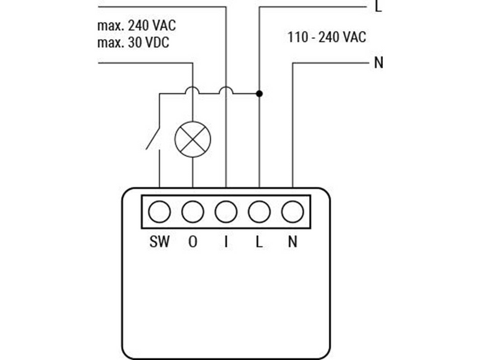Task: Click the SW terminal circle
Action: coord(159,212)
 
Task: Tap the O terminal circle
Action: coord(193,212)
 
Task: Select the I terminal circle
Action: coord(226,212)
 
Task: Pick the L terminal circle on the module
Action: coord(259,212)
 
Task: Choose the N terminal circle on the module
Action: coord(293,212)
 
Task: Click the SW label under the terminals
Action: coord(159,242)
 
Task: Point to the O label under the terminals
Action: coord(193,242)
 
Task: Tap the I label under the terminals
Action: coord(226,242)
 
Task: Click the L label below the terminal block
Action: coord(259,242)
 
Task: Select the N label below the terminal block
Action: coord(293,242)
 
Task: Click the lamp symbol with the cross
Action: coord(193,139)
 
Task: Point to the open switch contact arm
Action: coord(153,138)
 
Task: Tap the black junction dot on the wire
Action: coord(259,94)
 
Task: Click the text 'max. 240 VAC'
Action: coord(137,26)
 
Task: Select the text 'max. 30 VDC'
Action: coord(133,43)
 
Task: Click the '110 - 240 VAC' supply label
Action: coord(327,37)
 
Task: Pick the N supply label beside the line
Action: coord(379,63)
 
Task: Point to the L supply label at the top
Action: coord(379,6)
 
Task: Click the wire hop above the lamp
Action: coord(193,90)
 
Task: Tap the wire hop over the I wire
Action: coord(226,90)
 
